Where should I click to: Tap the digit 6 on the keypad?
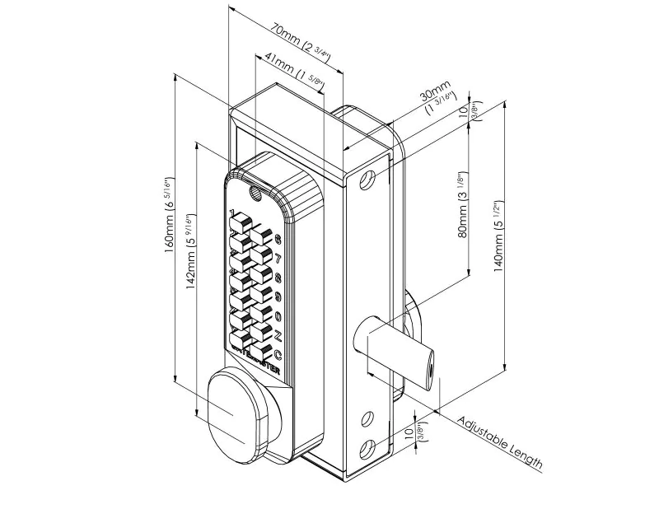278,240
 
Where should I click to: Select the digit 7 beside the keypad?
278,259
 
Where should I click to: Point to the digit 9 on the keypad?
278,297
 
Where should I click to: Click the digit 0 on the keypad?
278,316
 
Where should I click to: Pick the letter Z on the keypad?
278,335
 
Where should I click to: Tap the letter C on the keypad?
278,355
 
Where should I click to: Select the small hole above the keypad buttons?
254,194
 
